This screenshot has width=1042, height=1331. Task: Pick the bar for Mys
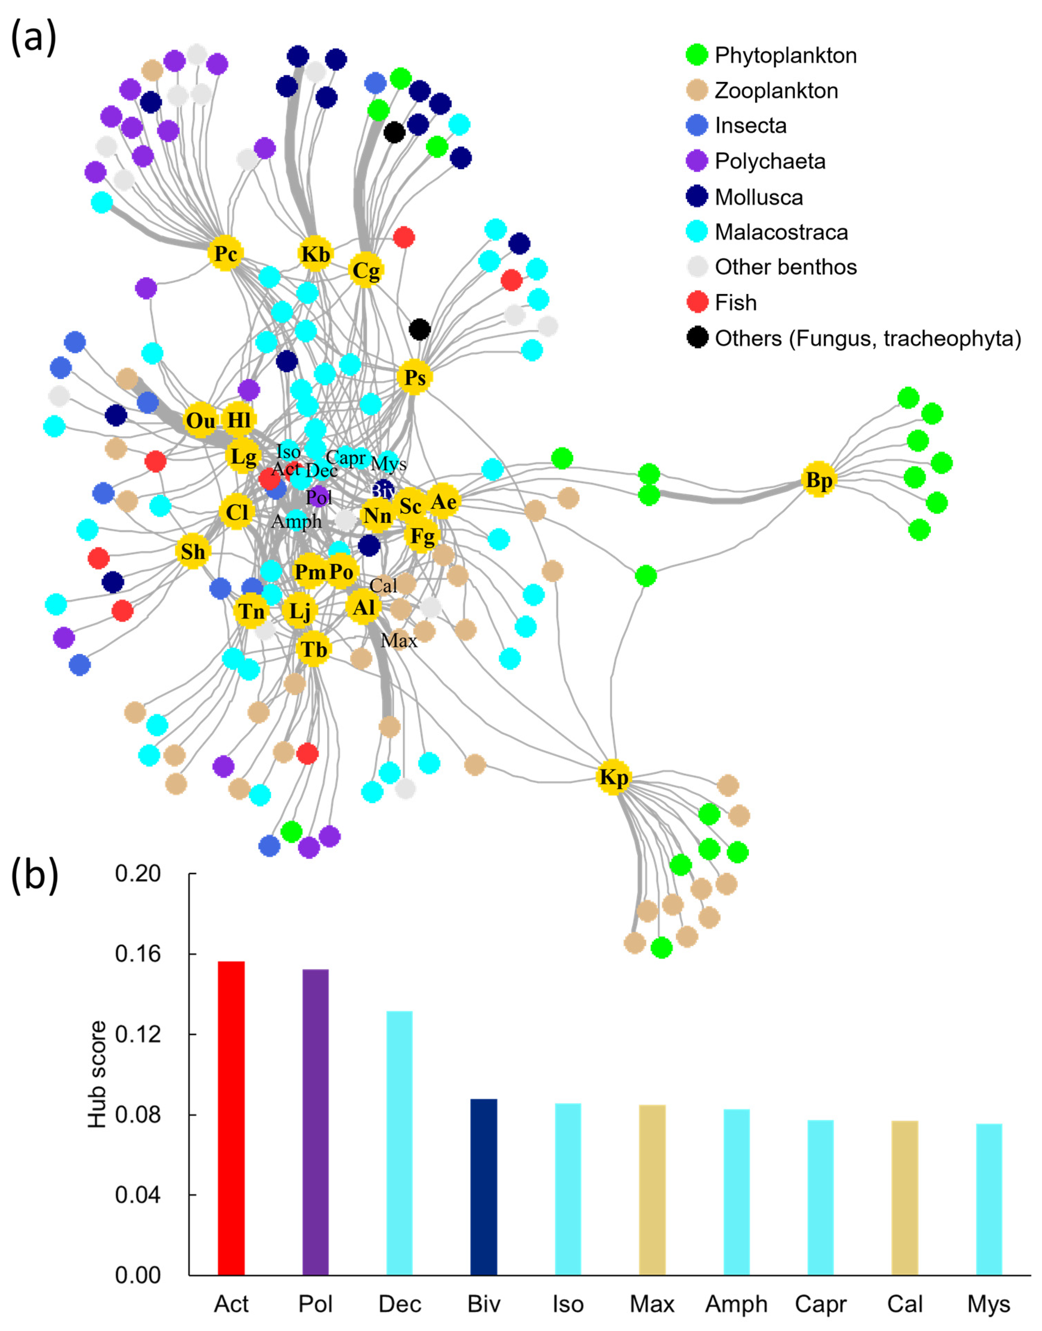click(x=989, y=1200)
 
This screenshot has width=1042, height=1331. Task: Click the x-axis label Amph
click(x=736, y=1304)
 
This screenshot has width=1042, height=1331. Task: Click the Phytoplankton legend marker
click(x=697, y=55)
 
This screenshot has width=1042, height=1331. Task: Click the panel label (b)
click(x=35, y=876)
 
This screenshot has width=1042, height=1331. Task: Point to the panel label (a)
click(x=34, y=38)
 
